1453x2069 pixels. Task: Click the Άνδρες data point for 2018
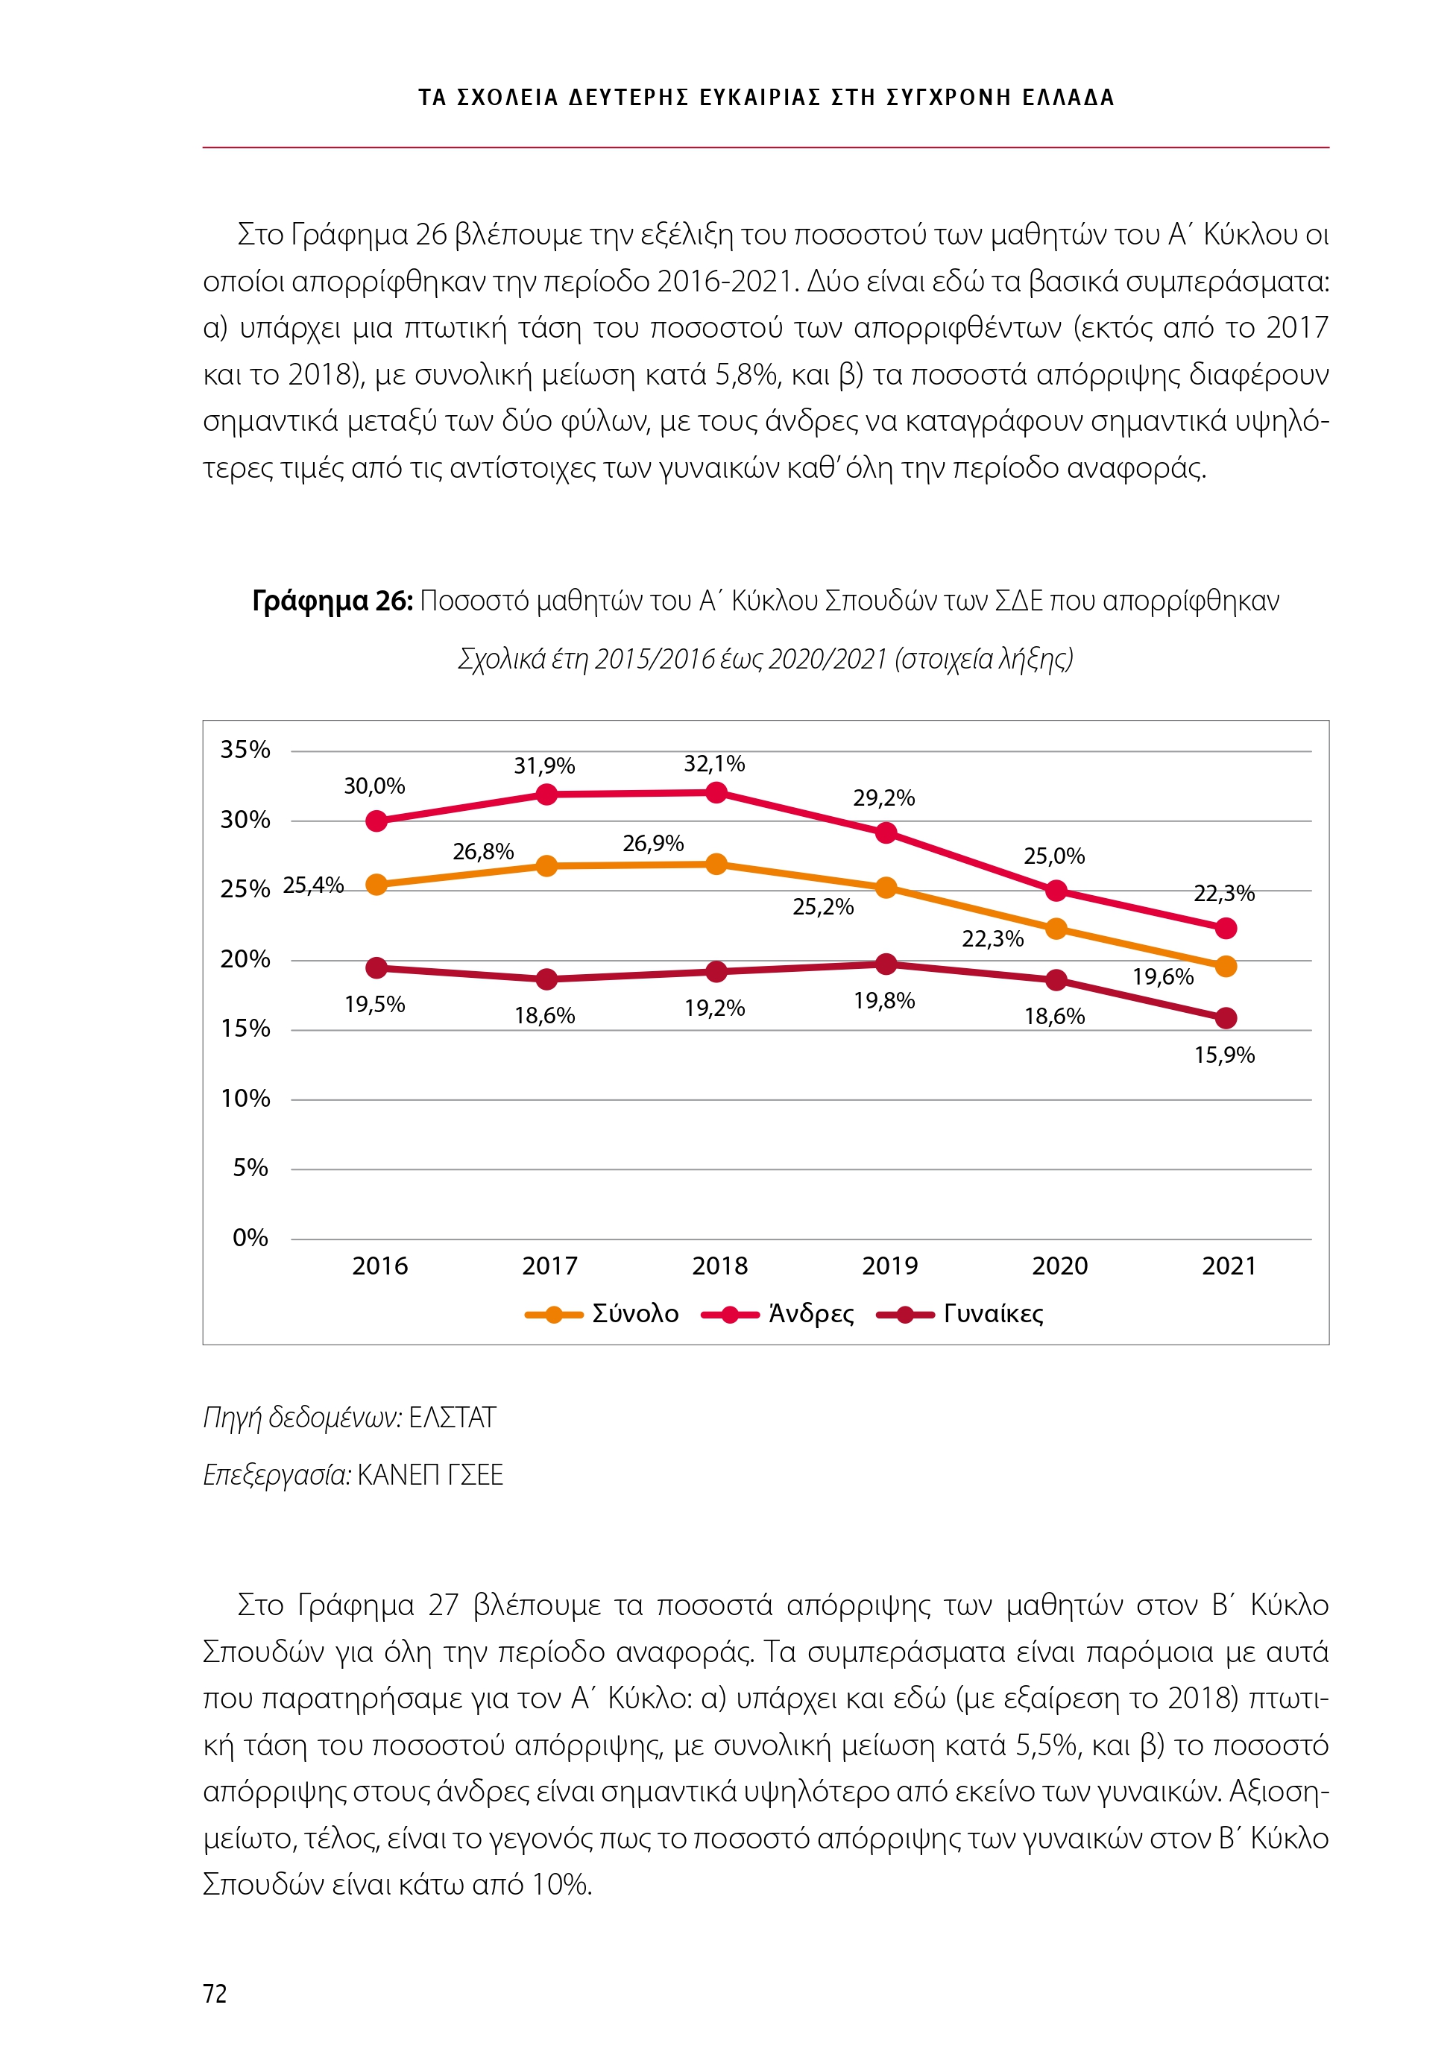[x=716, y=793]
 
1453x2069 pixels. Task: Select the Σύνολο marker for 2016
[x=376, y=885]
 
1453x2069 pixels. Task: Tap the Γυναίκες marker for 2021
[x=1226, y=1018]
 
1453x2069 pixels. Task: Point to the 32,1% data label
[x=714, y=764]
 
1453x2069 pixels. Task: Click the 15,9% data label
[x=1224, y=1055]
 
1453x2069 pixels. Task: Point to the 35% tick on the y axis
[x=245, y=750]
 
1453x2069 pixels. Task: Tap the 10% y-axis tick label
[x=245, y=1099]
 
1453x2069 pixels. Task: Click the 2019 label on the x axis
[x=889, y=1266]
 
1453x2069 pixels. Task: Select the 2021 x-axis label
[x=1229, y=1266]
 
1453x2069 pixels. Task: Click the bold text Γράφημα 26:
[x=332, y=601]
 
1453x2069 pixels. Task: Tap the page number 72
[x=215, y=1994]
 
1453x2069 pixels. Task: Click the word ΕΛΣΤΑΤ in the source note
[x=452, y=1418]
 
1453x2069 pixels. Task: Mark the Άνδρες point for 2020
[x=1056, y=891]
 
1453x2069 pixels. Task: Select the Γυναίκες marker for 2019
[x=886, y=964]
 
